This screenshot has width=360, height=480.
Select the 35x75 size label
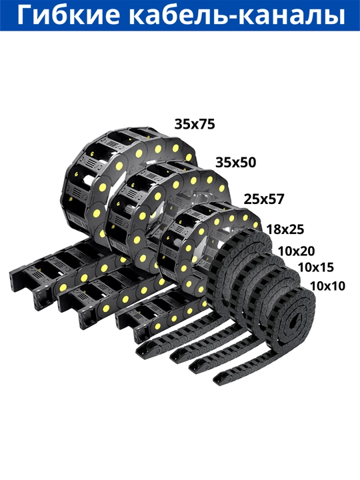[195, 124]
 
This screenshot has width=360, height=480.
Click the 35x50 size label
[236, 163]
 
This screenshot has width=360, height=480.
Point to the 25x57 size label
[264, 199]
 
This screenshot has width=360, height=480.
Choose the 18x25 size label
[285, 229]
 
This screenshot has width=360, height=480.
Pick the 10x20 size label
[296, 251]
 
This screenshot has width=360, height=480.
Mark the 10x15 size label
[316, 267]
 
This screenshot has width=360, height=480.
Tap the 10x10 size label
[327, 286]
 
